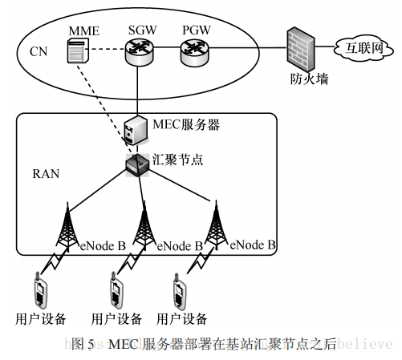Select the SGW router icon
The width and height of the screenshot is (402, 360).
click(x=139, y=53)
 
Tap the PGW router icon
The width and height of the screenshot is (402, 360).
click(x=193, y=53)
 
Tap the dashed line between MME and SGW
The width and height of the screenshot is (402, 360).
click(x=108, y=55)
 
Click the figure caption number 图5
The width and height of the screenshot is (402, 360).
click(x=83, y=344)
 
